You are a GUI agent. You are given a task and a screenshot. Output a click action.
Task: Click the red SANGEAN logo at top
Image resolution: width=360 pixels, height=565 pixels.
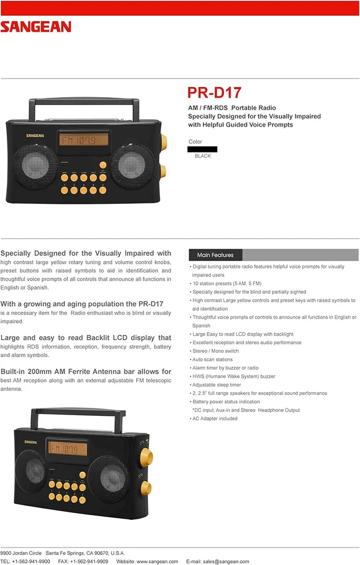pos(36,27)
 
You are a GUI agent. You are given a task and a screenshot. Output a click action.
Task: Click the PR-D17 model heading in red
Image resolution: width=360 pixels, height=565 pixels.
pos(214,92)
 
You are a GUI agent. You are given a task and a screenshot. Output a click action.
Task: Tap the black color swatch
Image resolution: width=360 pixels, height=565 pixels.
pos(202,149)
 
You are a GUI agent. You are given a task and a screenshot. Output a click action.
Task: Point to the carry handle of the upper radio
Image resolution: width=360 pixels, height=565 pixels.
pos(86,103)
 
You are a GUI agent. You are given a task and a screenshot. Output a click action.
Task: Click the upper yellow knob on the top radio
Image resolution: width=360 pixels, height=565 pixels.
pos(162,140)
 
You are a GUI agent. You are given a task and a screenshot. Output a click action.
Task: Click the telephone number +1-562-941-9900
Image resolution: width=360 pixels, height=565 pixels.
pos(33,561)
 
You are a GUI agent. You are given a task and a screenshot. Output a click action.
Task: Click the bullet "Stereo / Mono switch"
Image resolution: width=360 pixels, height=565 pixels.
pos(216,351)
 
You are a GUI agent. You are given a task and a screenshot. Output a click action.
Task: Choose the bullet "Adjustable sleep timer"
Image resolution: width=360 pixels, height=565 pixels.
pos(218,385)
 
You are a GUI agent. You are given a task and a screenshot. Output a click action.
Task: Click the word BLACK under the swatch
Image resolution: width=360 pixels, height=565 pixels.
pos(202,156)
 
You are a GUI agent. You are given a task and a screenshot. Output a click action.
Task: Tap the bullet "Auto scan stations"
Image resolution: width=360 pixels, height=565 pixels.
pos(213,359)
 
